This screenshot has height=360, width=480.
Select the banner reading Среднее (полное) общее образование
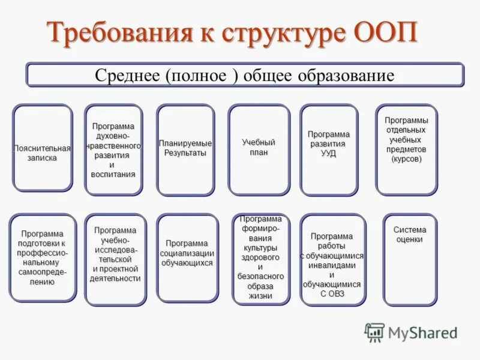tap(245, 75)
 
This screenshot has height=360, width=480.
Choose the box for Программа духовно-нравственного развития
tap(113, 150)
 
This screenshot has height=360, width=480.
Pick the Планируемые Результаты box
tap(185, 150)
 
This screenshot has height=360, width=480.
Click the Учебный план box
tap(259, 150)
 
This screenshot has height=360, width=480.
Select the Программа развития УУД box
tap(328, 150)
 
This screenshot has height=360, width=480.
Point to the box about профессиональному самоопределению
tap(43, 257)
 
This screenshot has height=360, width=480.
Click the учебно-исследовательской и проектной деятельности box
tap(115, 259)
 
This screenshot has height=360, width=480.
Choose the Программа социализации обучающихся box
tap(187, 257)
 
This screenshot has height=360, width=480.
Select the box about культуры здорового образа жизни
tap(260, 259)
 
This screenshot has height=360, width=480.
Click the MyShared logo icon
tap(374, 332)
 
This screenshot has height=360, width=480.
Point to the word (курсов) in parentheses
tap(406, 160)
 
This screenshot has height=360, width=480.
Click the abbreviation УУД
tap(328, 154)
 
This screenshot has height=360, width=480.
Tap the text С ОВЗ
tap(332, 293)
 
